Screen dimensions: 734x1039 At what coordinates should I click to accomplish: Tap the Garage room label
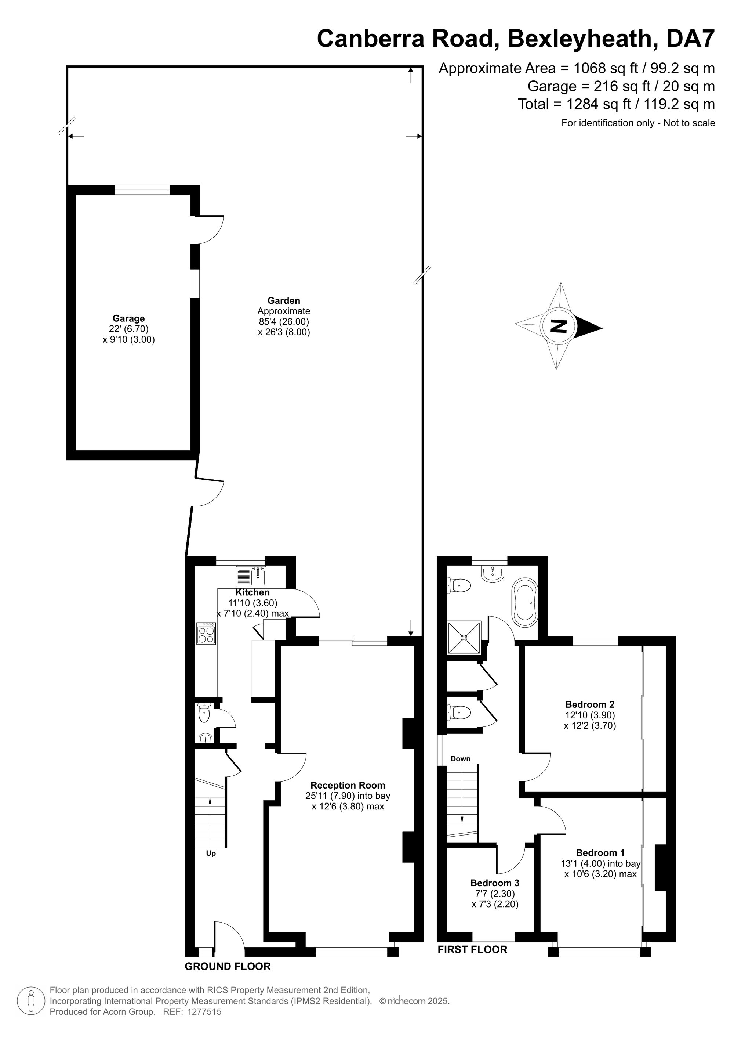pyautogui.click(x=128, y=318)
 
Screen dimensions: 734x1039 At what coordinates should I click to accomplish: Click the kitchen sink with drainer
pyautogui.click(x=251, y=577)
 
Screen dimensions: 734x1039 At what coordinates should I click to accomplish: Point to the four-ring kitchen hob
pyautogui.click(x=206, y=633)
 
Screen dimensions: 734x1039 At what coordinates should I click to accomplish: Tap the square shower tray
pyautogui.click(x=464, y=638)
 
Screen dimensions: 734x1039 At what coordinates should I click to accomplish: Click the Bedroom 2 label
pyautogui.click(x=590, y=704)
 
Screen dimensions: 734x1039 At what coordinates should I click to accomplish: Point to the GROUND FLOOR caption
pyautogui.click(x=228, y=966)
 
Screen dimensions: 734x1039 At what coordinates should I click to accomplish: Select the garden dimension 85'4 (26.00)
pyautogui.click(x=284, y=321)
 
